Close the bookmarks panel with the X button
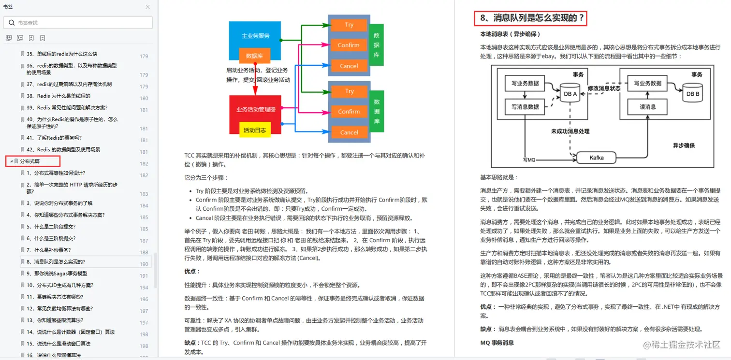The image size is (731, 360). tap(147, 7)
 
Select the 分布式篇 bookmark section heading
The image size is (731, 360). tap(30, 161)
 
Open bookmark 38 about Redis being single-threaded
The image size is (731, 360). tap(58, 96)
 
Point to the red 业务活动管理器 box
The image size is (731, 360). tap(256, 109)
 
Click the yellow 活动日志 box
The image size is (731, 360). tap(255, 130)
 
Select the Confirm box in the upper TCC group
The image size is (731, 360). tap(349, 45)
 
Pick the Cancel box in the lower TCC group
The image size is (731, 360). tap(349, 132)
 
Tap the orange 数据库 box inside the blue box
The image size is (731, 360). tap(254, 56)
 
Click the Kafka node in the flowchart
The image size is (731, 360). tap(596, 158)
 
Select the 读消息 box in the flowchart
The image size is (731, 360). tap(647, 106)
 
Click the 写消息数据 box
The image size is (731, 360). tap(525, 106)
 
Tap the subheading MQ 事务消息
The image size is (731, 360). tap(497, 343)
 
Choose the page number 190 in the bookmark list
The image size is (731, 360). tap(144, 264)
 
